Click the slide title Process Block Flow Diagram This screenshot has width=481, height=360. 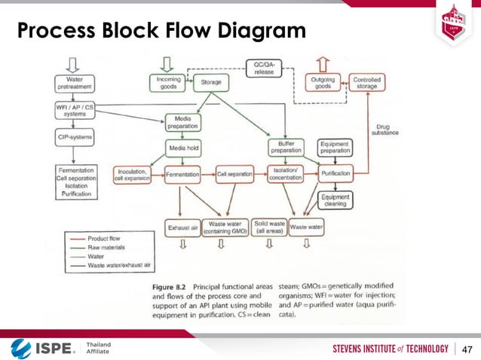click(162, 32)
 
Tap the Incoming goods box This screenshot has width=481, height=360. click(168, 82)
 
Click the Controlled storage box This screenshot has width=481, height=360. click(367, 82)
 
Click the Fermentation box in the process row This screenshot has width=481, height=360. click(182, 174)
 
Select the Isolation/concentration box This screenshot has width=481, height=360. click(285, 174)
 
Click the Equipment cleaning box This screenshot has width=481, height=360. click(334, 201)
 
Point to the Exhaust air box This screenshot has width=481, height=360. click(182, 227)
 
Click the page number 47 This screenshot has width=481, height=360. click(467, 349)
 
